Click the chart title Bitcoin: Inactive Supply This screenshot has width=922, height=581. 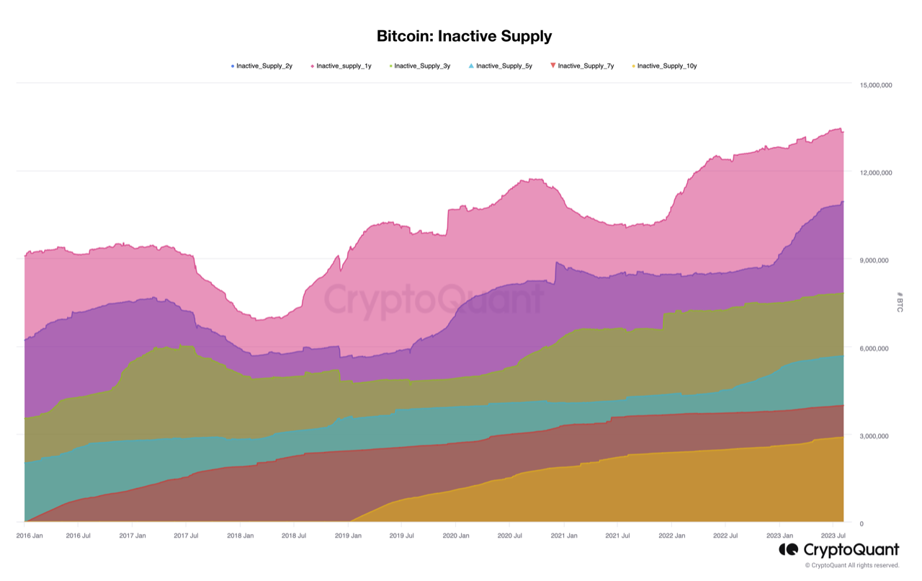464,36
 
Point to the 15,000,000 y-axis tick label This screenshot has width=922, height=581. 875,85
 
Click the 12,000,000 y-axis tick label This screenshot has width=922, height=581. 875,173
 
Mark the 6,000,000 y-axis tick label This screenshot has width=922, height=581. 877,349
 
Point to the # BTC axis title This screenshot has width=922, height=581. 900,302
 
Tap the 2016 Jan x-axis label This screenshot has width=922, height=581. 29,536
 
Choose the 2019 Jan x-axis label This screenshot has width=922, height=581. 348,536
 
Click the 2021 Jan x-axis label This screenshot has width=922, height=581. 563,536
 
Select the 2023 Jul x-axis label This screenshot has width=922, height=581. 833,536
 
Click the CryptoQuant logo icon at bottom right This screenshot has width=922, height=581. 787,550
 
